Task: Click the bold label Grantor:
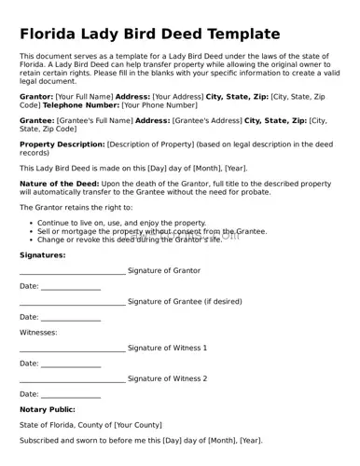tap(36, 96)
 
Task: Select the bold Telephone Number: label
tap(77, 105)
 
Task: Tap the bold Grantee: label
tap(36, 120)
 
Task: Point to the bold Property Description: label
tap(62, 144)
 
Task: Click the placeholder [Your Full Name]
tap(84, 96)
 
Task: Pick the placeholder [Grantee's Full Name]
tap(94, 120)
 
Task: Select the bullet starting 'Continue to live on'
tap(121, 224)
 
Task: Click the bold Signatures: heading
tap(43, 254)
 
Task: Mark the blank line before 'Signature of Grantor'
tap(72, 272)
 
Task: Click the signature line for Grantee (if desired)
tap(72, 303)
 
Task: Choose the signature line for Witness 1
tap(72, 349)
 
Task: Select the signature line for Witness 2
tap(72, 379)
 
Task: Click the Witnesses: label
tap(38, 332)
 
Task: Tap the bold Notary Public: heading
tap(48, 409)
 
